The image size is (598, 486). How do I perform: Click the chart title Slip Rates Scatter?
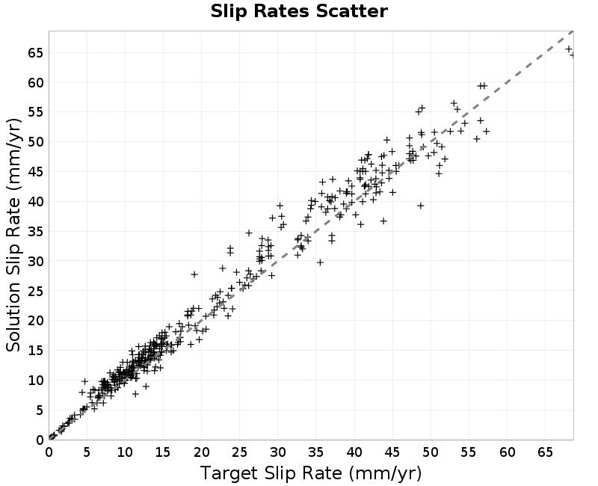coord(299,11)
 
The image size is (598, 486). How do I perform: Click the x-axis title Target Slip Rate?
coord(271,473)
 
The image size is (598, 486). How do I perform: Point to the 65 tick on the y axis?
coord(36,52)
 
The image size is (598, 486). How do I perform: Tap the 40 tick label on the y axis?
coord(36,201)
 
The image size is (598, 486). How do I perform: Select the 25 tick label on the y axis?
coord(36,291)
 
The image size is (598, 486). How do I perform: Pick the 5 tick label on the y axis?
coord(40,410)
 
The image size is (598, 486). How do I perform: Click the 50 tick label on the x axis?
coord(431,452)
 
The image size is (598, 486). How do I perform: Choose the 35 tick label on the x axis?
coord(316,452)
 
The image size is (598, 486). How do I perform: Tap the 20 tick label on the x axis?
coord(201,452)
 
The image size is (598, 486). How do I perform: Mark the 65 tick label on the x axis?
coord(546,452)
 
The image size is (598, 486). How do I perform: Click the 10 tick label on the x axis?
coord(125,452)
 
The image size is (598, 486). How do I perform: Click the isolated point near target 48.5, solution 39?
coord(421,206)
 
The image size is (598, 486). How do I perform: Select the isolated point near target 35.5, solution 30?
coord(321,262)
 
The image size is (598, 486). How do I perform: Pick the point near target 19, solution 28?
coord(194,274)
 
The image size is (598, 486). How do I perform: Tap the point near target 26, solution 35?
coord(249,233)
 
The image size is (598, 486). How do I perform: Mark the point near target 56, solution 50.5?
coord(477,139)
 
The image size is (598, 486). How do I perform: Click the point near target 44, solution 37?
coord(383,221)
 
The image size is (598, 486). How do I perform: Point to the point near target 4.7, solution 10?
coord(84,381)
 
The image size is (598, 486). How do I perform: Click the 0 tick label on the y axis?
coord(40,440)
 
